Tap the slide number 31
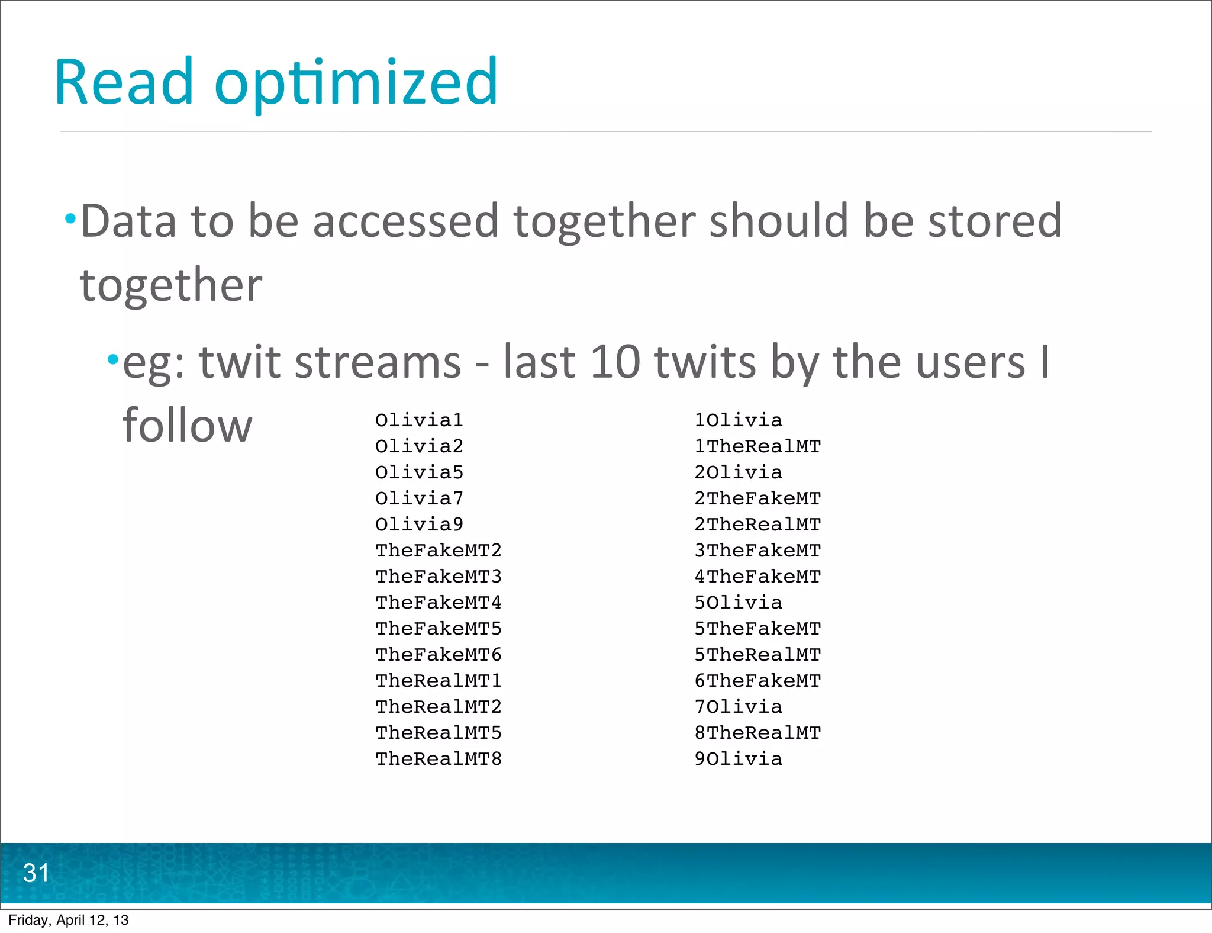click(36, 873)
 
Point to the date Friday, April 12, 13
click(69, 920)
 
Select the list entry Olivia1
click(419, 420)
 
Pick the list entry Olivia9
click(419, 525)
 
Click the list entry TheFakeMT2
click(439, 551)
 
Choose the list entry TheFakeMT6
click(439, 655)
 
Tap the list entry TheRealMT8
click(439, 759)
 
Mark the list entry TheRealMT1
click(439, 681)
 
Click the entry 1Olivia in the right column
click(738, 420)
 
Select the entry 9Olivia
click(738, 759)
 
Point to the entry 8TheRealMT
click(757, 733)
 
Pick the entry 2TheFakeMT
click(757, 498)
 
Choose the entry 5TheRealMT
click(757, 655)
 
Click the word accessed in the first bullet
click(405, 221)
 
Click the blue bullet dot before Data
click(71, 220)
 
